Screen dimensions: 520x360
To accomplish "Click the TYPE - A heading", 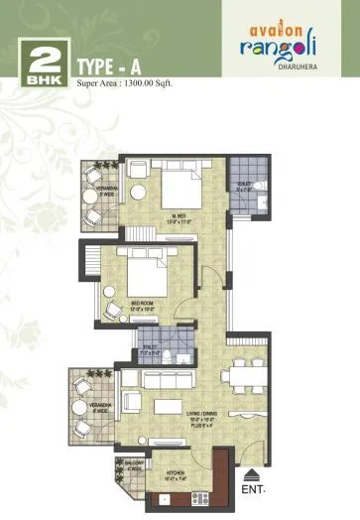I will click(114, 66).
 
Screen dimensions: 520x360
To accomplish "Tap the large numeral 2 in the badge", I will click(40, 58).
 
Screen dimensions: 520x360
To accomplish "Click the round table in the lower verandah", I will click(93, 401).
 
